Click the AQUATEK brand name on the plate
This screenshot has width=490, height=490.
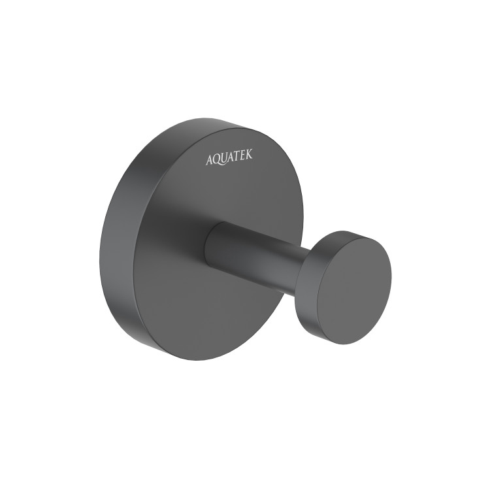click(x=229, y=157)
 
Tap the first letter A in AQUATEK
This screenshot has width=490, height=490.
click(x=210, y=160)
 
